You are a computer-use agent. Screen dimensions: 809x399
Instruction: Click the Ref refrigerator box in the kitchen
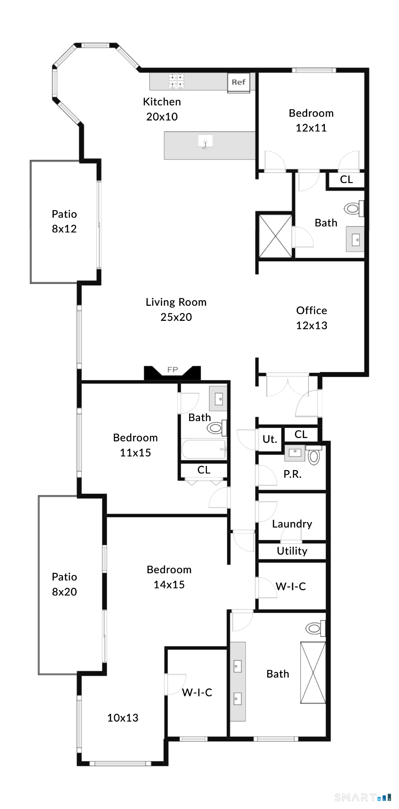point(238,82)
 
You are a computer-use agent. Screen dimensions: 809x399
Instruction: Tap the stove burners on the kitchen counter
point(176,81)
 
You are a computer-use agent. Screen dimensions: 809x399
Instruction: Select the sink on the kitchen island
point(205,142)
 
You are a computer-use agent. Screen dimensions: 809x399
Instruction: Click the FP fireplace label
point(173,370)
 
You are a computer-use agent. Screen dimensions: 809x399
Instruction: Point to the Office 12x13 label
point(311,318)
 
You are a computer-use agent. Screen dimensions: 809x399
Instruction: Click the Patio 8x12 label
point(64,221)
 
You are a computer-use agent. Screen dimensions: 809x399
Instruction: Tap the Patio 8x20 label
point(64,584)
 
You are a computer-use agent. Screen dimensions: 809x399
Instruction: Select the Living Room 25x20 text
point(176,310)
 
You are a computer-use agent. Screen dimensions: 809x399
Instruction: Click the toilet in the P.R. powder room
point(314,456)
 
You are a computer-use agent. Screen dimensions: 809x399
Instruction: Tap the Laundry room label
point(292,524)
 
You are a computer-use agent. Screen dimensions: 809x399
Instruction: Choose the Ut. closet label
point(270,439)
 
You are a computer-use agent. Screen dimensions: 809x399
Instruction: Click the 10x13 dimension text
point(123,718)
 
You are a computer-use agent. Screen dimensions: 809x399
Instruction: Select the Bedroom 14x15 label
point(169,577)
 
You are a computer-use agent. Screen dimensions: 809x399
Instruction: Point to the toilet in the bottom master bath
point(314,628)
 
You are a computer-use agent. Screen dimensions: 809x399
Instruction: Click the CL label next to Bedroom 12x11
point(346,180)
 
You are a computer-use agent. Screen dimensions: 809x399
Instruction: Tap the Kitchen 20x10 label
point(162,109)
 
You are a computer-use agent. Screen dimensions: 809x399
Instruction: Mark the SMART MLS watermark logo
point(362,797)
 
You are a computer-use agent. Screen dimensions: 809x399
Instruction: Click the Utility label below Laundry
point(292,551)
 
